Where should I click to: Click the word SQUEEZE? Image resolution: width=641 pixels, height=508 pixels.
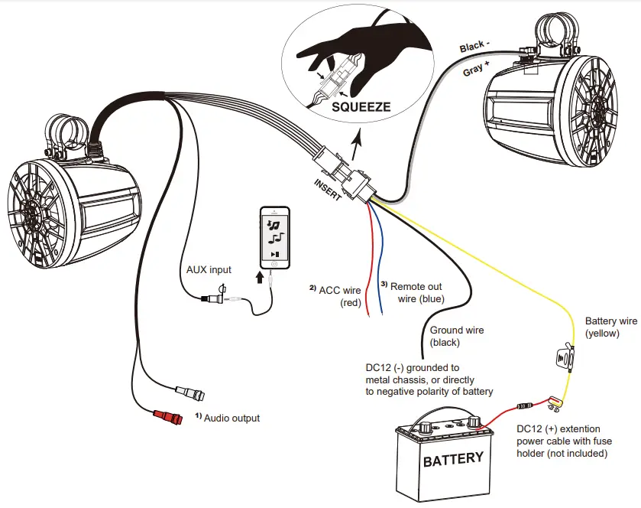click(361, 106)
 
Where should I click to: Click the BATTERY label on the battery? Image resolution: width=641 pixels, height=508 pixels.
click(453, 459)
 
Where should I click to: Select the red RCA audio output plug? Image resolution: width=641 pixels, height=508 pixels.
click(168, 417)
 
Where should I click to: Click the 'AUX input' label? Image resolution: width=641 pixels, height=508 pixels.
click(209, 270)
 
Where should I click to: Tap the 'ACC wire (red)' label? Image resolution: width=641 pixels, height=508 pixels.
click(339, 295)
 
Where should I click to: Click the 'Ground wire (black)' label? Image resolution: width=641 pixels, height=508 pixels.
click(456, 337)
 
